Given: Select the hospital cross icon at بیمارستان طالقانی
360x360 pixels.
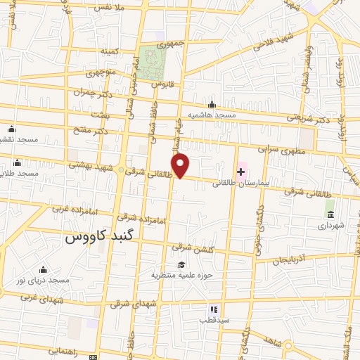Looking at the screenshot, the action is pyautogui.click(x=241, y=172).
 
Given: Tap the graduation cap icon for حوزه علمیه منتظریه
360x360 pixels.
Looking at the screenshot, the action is pyautogui.click(x=182, y=264).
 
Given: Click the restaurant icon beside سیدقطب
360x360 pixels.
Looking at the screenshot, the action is pyautogui.click(x=214, y=309).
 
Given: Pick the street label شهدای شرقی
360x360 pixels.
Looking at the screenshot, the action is pyautogui.click(x=129, y=304).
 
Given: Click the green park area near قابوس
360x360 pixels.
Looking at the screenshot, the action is pyautogui.click(x=149, y=63).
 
